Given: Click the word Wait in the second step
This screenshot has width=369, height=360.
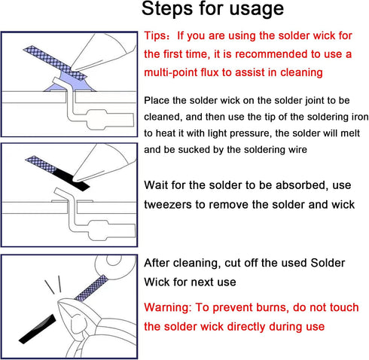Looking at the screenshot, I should click(160, 184).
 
